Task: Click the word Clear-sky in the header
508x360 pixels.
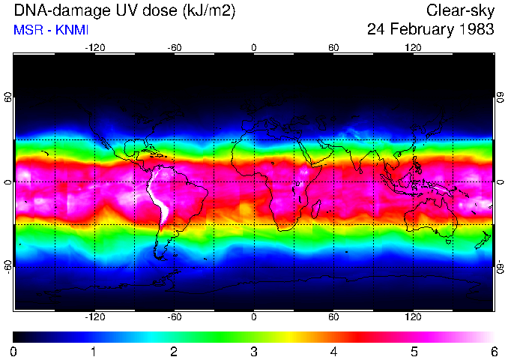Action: (x=459, y=10)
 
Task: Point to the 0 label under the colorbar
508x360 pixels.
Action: (x=14, y=351)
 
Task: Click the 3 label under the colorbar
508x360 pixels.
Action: (x=254, y=351)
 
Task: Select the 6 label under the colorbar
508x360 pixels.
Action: (x=493, y=351)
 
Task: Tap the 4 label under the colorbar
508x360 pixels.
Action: (x=333, y=351)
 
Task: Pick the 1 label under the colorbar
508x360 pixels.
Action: (x=94, y=351)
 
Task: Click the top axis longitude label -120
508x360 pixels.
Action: (x=94, y=47)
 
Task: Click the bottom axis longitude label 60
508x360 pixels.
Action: (x=333, y=317)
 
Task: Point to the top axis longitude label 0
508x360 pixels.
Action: (x=254, y=47)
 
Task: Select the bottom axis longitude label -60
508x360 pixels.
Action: (x=174, y=317)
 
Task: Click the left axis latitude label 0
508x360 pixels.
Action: (x=8, y=182)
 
